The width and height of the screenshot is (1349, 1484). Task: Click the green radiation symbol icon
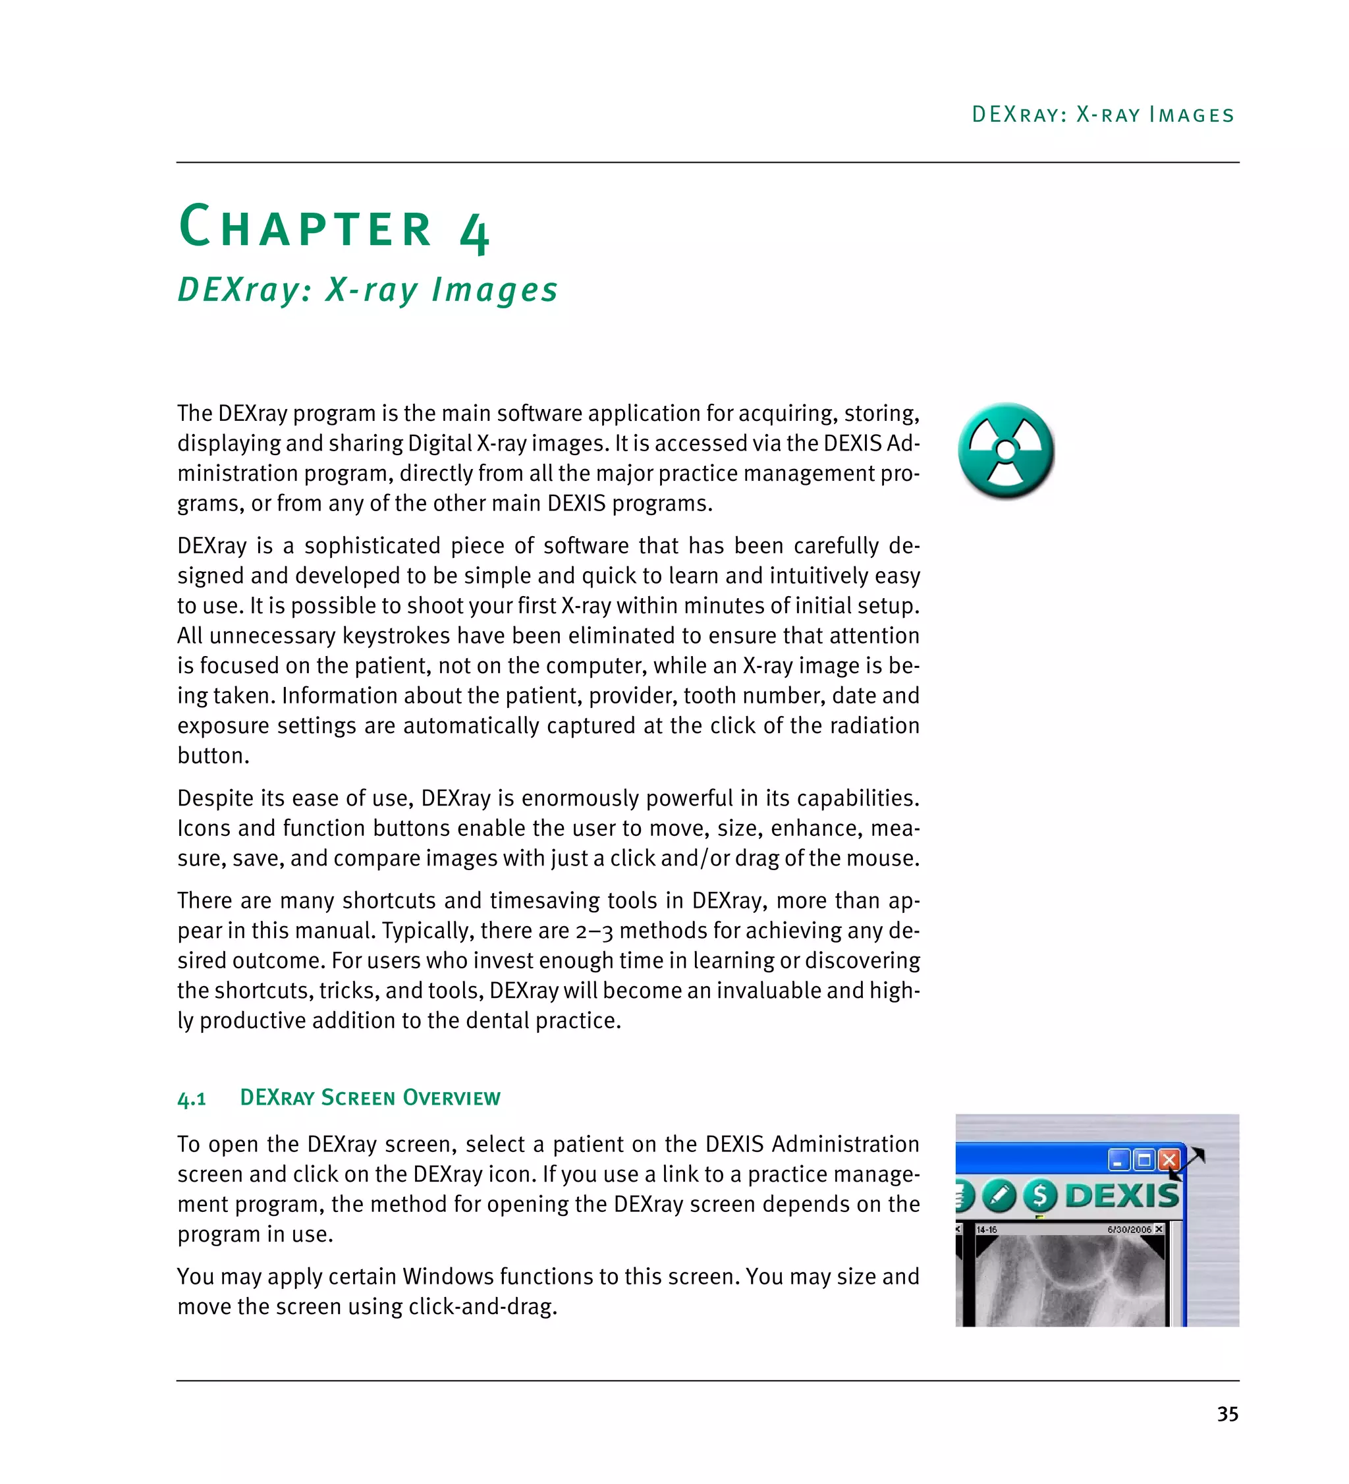1005,451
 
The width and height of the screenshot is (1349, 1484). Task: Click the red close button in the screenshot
1168,1161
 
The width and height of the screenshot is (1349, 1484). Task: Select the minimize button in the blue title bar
1118,1161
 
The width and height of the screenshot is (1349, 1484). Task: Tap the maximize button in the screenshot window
1143,1161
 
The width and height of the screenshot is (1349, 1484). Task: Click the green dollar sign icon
1039,1196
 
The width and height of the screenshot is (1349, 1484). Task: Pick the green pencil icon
998,1196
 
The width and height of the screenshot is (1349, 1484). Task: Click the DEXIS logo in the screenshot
1121,1195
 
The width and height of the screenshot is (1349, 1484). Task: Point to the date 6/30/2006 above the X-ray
1129,1229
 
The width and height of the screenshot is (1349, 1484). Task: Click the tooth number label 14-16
986,1229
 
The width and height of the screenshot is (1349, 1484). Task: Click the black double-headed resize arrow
1186,1165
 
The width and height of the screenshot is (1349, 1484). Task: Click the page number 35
1227,1414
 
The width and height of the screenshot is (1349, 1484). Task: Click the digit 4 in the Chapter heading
474,232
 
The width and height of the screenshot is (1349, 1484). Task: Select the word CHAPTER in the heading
305,227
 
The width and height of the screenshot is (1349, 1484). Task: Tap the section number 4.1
191,1099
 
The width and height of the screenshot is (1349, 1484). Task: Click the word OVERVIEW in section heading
451,1097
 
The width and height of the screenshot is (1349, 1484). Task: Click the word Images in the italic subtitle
495,289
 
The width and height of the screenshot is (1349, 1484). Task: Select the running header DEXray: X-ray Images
1103,115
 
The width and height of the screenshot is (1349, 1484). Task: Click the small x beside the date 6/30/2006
1159,1229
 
